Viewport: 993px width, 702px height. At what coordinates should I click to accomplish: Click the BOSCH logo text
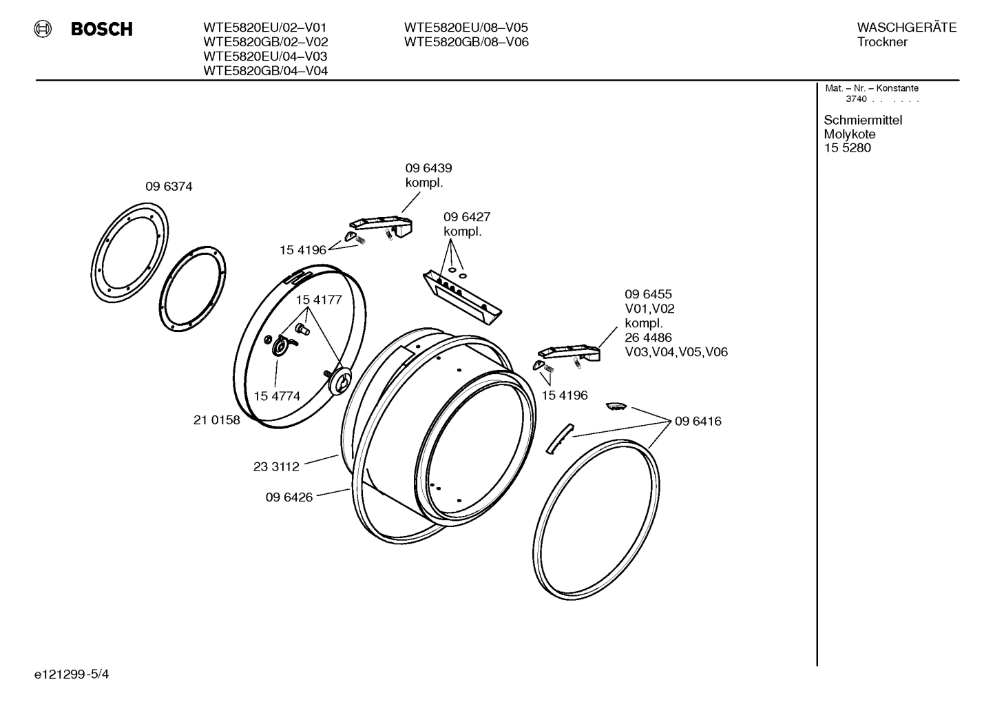point(101,30)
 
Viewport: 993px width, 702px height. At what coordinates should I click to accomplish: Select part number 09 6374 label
point(169,187)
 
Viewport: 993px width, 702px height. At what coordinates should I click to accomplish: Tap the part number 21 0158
point(216,420)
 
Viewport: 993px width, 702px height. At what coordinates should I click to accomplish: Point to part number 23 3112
point(276,466)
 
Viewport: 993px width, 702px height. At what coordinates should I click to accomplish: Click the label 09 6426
point(289,497)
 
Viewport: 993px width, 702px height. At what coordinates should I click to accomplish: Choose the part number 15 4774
point(277,396)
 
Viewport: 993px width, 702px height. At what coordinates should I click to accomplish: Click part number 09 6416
point(698,421)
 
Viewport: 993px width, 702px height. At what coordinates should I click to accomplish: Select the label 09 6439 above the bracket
point(428,168)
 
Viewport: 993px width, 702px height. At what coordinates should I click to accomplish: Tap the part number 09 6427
point(467,217)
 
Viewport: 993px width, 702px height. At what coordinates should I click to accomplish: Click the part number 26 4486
point(648,338)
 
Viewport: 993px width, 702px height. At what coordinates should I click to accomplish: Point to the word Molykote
point(849,134)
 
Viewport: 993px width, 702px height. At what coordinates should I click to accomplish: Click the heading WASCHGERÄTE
point(906,28)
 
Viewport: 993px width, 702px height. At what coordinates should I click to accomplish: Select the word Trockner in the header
point(882,42)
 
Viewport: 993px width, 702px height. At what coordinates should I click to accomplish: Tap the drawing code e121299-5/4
point(71,674)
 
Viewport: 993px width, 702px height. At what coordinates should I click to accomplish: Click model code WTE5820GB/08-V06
point(466,42)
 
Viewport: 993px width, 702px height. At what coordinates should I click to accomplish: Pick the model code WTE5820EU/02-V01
point(265,28)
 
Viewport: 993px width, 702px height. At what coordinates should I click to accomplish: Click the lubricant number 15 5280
point(847,148)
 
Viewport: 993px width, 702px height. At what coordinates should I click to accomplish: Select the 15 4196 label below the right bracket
point(565,395)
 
